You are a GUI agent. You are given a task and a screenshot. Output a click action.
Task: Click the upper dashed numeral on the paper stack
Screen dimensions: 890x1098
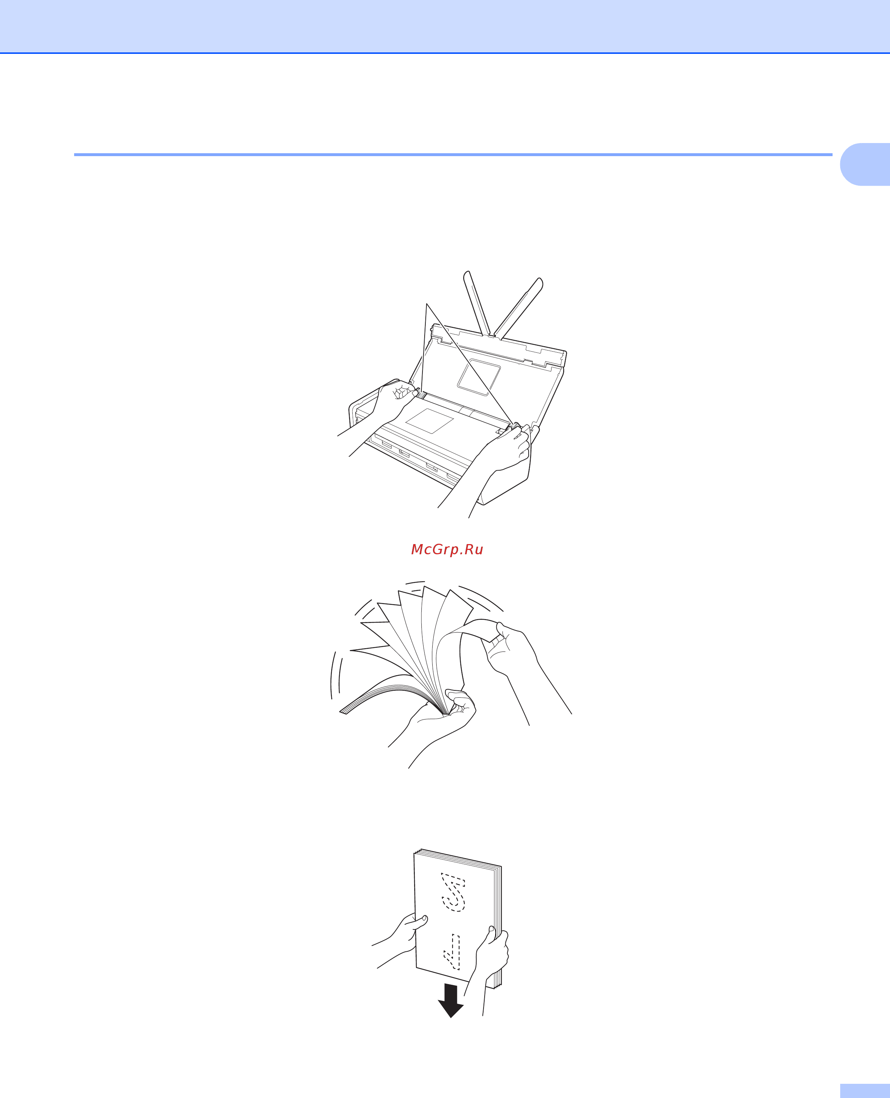click(453, 893)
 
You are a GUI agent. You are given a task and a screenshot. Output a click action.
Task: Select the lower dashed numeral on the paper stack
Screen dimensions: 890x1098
click(452, 952)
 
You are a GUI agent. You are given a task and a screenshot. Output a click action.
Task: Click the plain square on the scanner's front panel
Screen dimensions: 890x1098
click(430, 421)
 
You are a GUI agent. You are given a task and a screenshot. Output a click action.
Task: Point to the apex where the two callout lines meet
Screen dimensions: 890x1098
click(426, 304)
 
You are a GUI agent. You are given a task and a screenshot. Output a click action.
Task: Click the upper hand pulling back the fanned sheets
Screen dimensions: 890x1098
click(518, 662)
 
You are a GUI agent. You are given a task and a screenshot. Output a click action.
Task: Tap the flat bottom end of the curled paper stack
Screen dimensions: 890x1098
click(344, 711)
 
